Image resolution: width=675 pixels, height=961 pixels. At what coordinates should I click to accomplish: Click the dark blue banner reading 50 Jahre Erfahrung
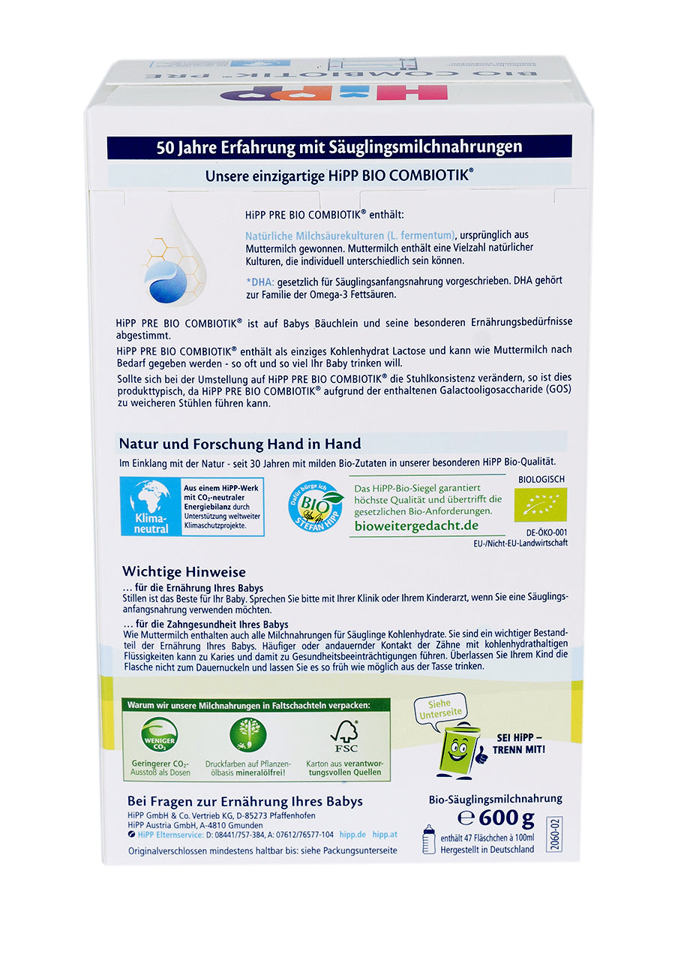click(339, 146)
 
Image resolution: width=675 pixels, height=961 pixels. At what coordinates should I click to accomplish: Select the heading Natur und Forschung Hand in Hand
click(240, 444)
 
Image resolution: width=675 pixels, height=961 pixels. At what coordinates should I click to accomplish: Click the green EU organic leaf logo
click(540, 505)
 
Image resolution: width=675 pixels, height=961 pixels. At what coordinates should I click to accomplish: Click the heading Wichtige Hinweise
click(184, 572)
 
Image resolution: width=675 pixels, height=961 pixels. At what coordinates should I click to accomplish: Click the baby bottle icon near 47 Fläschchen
click(429, 839)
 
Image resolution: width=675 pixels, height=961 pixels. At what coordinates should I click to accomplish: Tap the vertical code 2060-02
click(554, 833)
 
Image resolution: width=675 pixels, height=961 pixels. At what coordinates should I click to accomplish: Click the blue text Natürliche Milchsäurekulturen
click(349, 236)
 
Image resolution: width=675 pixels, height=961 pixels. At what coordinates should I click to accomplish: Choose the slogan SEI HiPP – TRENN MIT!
click(520, 744)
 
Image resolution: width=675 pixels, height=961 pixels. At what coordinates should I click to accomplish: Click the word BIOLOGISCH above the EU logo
click(541, 479)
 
